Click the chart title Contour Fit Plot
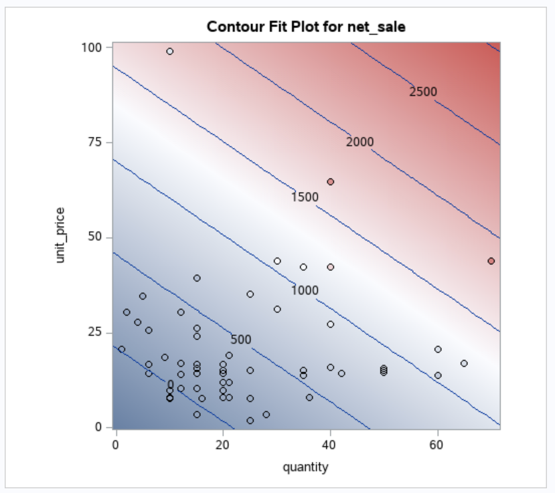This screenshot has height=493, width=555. point(306,27)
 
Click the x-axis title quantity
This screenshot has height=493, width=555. point(306,467)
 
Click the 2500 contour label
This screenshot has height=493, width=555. point(423,92)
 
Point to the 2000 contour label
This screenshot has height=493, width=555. point(360,142)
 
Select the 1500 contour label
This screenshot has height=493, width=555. point(305,197)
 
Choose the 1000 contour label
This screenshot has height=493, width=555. point(305,290)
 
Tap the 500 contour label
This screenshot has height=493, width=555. point(241,340)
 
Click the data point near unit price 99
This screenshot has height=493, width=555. point(170,52)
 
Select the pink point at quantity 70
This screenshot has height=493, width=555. point(491,261)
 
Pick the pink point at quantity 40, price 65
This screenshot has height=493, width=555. point(330,182)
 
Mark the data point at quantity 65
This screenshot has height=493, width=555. point(464,363)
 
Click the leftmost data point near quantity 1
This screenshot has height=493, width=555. point(121,349)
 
